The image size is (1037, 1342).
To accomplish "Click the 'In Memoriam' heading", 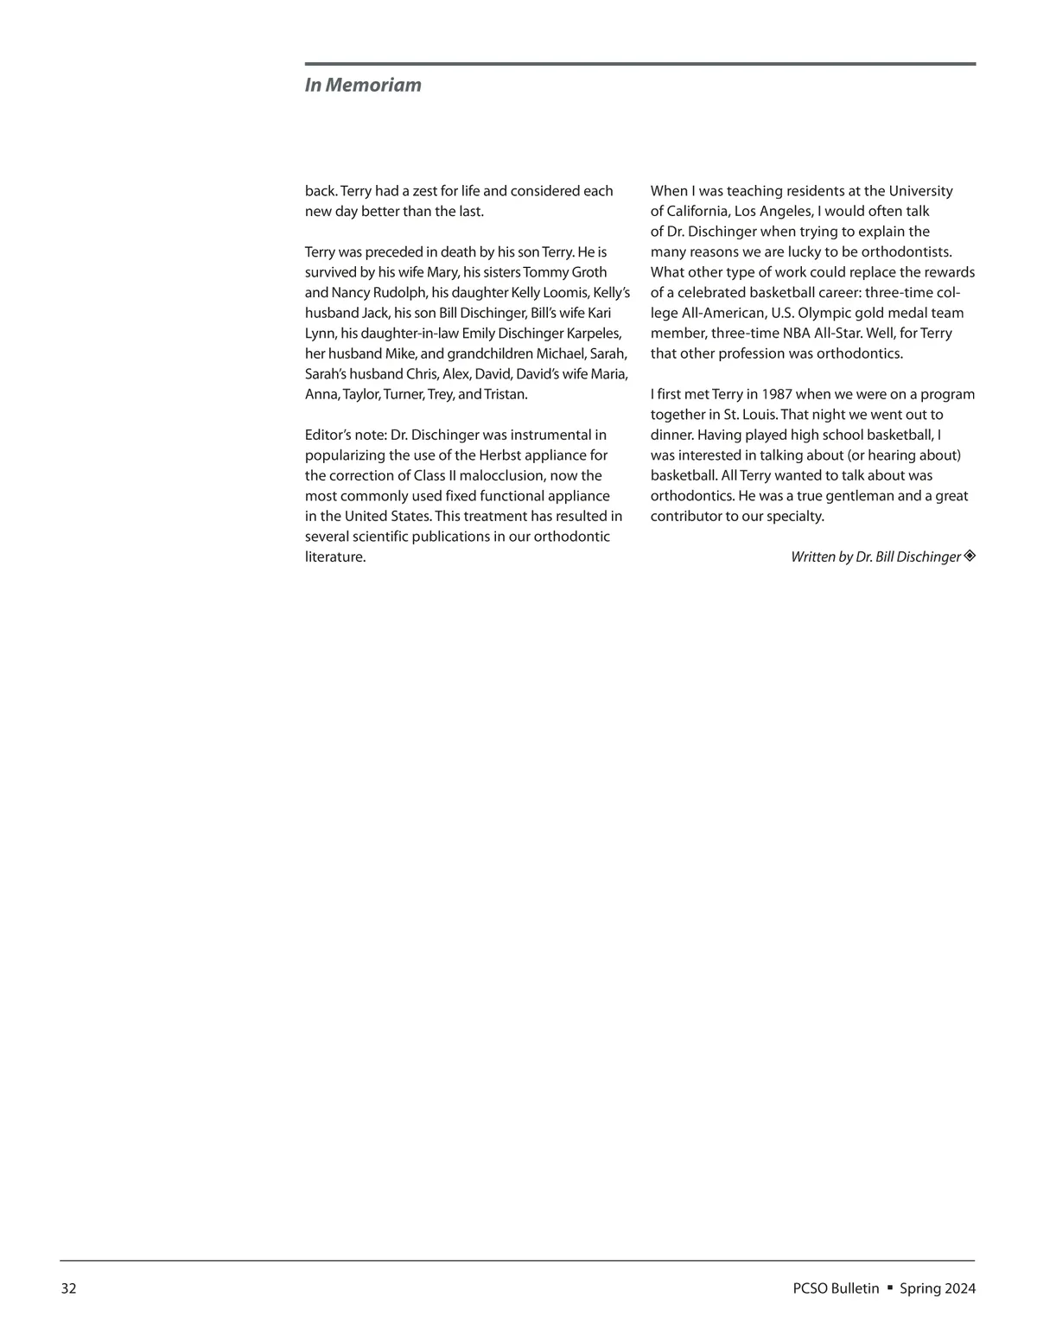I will (x=363, y=85).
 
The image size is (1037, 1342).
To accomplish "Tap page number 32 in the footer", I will (x=68, y=1288).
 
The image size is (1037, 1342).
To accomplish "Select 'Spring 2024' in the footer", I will (x=938, y=1288).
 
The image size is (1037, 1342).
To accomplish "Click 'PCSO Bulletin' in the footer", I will (x=836, y=1288).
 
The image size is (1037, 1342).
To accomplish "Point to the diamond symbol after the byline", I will (x=970, y=556).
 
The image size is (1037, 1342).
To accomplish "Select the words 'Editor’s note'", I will (x=340, y=435).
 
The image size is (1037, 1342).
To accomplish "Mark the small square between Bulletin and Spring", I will (x=889, y=1288).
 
